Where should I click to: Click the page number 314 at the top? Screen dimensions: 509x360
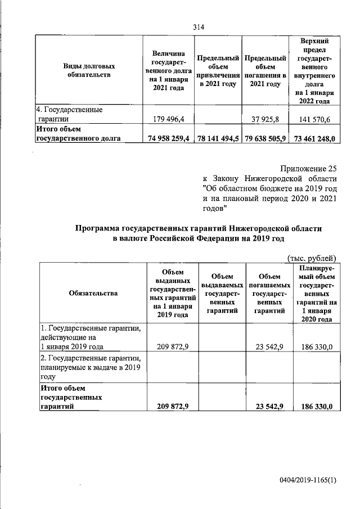click(198, 26)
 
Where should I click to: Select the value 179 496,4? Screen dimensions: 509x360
click(169, 119)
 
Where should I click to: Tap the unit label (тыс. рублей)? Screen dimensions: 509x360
click(311, 258)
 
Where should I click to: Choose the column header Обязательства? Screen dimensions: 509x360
click(93, 293)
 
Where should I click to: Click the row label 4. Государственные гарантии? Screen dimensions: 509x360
click(70, 114)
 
